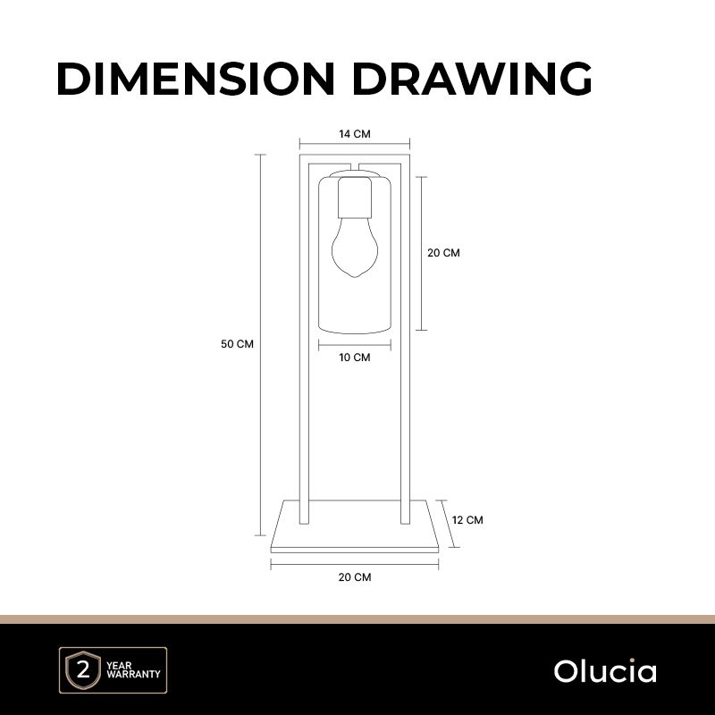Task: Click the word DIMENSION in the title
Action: [x=196, y=79]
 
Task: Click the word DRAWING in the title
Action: [x=472, y=79]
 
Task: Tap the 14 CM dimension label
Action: [x=355, y=134]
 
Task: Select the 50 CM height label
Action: [x=237, y=344]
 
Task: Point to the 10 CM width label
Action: [x=355, y=357]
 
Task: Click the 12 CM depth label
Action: [x=467, y=520]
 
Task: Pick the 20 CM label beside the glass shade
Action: [x=443, y=253]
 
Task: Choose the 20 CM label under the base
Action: [x=355, y=577]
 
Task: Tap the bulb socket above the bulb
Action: [x=355, y=198]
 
